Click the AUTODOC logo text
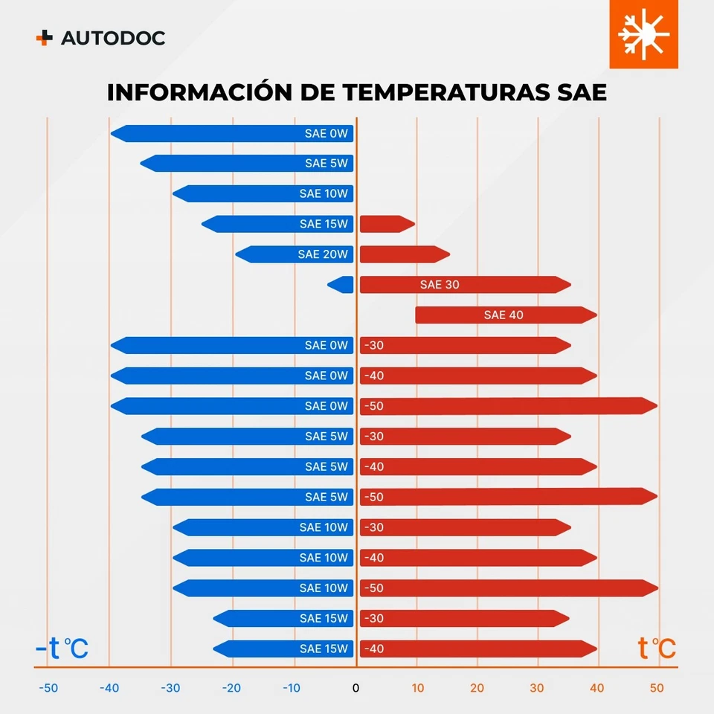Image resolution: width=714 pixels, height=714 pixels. (113, 38)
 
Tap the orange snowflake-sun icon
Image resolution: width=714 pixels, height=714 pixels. (643, 34)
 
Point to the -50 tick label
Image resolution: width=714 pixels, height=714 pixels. (48, 688)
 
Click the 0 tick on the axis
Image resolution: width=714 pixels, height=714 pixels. (356, 688)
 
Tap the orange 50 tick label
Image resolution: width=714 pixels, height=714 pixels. (657, 688)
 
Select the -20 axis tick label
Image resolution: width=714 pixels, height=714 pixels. (232, 688)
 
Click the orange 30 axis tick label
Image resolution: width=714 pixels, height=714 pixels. (536, 688)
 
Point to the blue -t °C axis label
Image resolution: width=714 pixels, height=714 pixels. (62, 648)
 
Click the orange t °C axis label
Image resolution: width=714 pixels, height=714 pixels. (657, 648)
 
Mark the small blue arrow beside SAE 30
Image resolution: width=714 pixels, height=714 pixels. (341, 284)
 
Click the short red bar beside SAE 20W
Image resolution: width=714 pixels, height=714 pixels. (404, 254)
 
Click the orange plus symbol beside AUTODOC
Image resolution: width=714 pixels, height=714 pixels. (45, 38)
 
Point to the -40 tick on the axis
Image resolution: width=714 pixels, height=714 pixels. (109, 688)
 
